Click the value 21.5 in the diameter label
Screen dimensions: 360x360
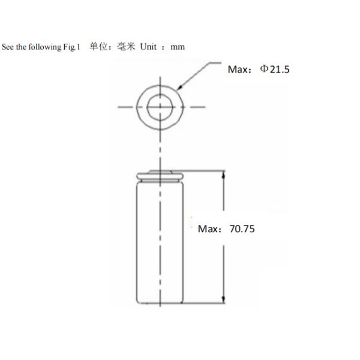tap(280, 69)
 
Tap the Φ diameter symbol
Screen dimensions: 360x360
tap(263, 69)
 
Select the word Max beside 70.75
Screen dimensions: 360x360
tap(208, 229)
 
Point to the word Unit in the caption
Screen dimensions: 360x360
tap(148, 47)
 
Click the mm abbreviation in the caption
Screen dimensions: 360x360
tap(178, 47)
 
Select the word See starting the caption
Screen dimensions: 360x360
tap(8, 47)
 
